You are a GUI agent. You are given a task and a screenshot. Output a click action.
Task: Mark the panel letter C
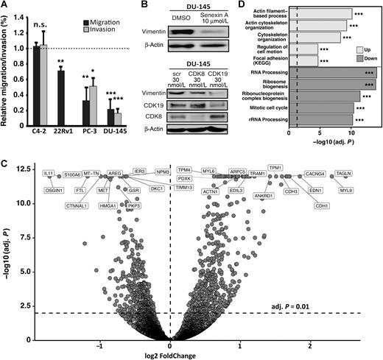5,163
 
